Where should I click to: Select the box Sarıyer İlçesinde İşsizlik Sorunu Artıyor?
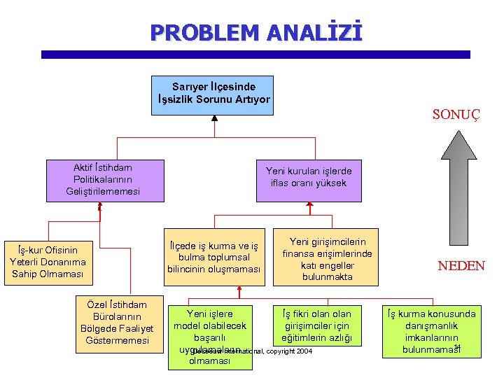coord(213,94)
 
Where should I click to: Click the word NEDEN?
coord(461,266)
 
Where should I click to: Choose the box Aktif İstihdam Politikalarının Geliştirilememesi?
coord(103,180)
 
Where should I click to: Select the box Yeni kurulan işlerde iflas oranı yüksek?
coord(309,177)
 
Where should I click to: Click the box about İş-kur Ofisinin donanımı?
coord(48,261)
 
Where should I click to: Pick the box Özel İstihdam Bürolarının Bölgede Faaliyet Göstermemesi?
coord(114,323)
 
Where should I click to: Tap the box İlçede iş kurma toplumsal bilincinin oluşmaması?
coord(213,258)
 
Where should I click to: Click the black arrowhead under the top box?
coord(214,118)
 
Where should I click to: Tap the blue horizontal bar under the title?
coord(255,55)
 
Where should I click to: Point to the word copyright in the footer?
coord(279,351)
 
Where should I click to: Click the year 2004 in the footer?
coord(304,351)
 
